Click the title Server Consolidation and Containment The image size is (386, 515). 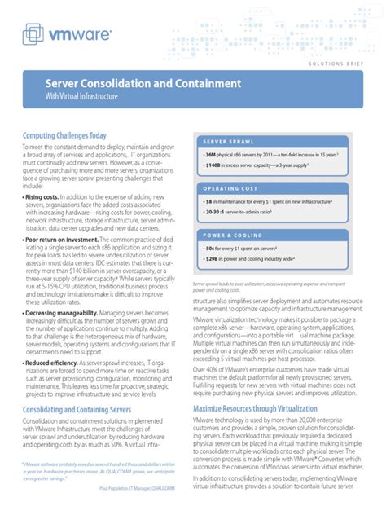click(x=143, y=83)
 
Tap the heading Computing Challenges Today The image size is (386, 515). click(x=65, y=135)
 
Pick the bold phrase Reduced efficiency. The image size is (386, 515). click(x=55, y=407)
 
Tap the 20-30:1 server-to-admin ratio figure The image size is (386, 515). click(x=217, y=211)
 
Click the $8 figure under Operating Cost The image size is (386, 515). click(x=208, y=200)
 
